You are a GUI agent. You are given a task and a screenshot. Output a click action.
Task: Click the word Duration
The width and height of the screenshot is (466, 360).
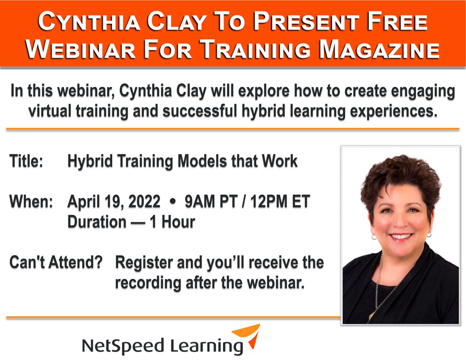pos(97,222)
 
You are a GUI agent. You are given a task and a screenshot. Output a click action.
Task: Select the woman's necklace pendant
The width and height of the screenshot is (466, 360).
pos(372,315)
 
